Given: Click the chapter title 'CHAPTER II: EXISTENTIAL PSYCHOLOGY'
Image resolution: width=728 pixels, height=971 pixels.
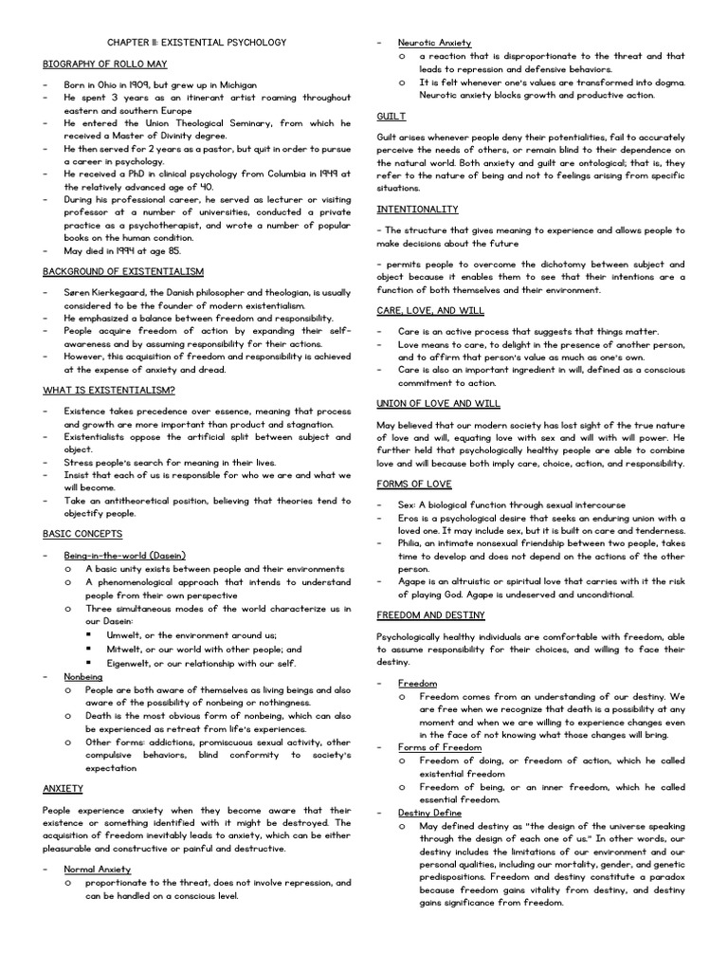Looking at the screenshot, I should (196, 43).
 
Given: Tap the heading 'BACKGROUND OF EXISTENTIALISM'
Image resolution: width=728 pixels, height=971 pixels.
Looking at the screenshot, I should (122, 271).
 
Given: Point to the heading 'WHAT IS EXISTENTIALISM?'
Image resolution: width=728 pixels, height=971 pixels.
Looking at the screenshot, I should (108, 390).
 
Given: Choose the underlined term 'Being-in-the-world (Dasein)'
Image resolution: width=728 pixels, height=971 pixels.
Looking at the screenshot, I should (124, 554).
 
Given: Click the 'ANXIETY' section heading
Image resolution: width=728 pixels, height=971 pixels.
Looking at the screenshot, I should (64, 788).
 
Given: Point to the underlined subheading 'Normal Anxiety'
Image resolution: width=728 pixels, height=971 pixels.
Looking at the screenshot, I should (97, 869).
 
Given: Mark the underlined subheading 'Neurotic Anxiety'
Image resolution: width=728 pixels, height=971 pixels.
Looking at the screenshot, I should (434, 43).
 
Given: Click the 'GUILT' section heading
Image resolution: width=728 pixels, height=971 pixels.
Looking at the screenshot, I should (391, 116).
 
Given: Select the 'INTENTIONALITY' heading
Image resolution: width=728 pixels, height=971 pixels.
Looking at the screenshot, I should (417, 209).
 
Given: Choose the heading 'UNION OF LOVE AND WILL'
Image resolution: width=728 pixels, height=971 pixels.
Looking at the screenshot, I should (438, 403).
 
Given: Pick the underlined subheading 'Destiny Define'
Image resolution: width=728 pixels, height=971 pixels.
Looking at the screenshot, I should (429, 813).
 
